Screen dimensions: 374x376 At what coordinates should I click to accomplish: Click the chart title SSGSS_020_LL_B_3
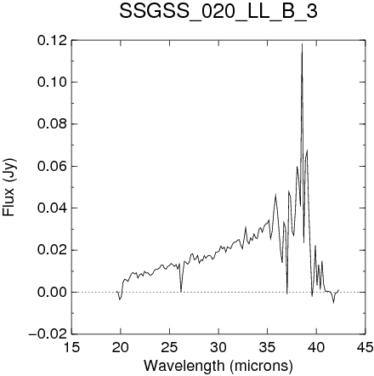pos(218,12)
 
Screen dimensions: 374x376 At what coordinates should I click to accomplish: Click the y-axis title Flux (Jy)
pos(9,187)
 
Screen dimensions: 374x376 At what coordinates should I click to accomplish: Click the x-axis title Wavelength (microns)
pos(218,366)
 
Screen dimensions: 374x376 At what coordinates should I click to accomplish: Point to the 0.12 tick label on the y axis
pos(54,40)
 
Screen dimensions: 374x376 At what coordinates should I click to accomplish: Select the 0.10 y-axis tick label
pos(54,83)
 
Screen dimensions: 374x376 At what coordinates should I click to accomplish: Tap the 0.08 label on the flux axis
pos(54,124)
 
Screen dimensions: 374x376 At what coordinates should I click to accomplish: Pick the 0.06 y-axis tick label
pos(54,166)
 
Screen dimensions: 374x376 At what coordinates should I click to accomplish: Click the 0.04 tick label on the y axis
pos(54,208)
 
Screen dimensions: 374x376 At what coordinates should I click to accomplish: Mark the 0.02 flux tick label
pos(54,250)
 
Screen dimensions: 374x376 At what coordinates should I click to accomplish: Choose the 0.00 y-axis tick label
pos(54,293)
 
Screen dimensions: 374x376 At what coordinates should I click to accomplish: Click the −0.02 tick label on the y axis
pos(49,334)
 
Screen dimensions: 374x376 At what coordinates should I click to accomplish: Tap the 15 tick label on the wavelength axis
pos(71,347)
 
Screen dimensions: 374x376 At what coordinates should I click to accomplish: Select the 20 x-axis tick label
pos(121,347)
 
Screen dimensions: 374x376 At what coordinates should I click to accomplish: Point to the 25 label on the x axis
pos(169,347)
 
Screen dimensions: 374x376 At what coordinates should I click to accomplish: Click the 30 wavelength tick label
pos(218,347)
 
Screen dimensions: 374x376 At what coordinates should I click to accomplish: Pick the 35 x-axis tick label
pos(268,347)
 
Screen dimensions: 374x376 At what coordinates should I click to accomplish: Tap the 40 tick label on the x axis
pos(316,347)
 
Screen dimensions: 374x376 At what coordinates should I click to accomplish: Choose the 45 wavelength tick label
pos(365,347)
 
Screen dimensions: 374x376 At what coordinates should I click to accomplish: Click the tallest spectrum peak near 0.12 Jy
pos(302,43)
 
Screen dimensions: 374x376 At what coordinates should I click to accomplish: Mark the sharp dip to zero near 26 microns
pos(181,292)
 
